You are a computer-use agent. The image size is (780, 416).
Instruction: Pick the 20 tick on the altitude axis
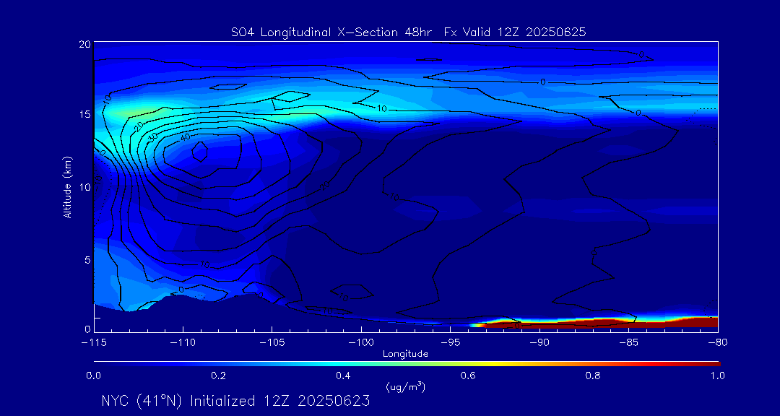point(84,44)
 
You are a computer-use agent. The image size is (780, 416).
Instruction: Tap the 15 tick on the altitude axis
point(84,115)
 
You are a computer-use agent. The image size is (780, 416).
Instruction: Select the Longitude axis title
point(405,354)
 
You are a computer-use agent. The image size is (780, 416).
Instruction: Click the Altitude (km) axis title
point(67,187)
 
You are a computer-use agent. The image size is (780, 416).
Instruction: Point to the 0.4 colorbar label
point(343,376)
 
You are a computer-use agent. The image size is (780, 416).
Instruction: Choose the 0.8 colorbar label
point(593,376)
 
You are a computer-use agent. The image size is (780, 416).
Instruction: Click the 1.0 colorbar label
point(717,376)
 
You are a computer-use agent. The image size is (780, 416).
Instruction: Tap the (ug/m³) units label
point(405,387)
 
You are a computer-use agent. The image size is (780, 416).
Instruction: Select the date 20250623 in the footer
point(332,401)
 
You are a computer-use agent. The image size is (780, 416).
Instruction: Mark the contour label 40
point(185,137)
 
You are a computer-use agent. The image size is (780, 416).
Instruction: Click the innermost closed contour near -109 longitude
point(200,150)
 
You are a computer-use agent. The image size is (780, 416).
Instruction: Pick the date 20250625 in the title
point(556,32)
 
